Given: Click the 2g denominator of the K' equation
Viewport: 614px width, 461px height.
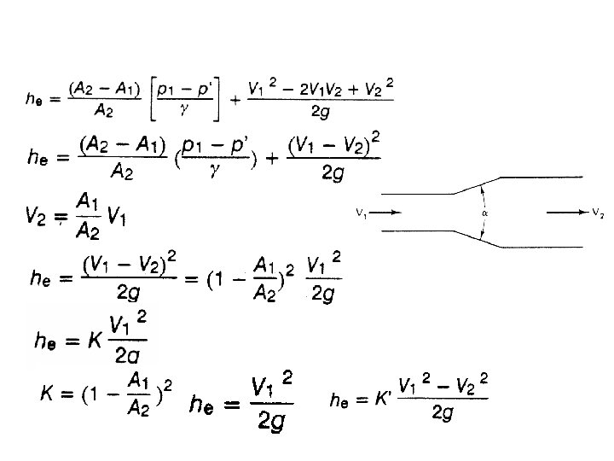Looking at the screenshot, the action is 442,413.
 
